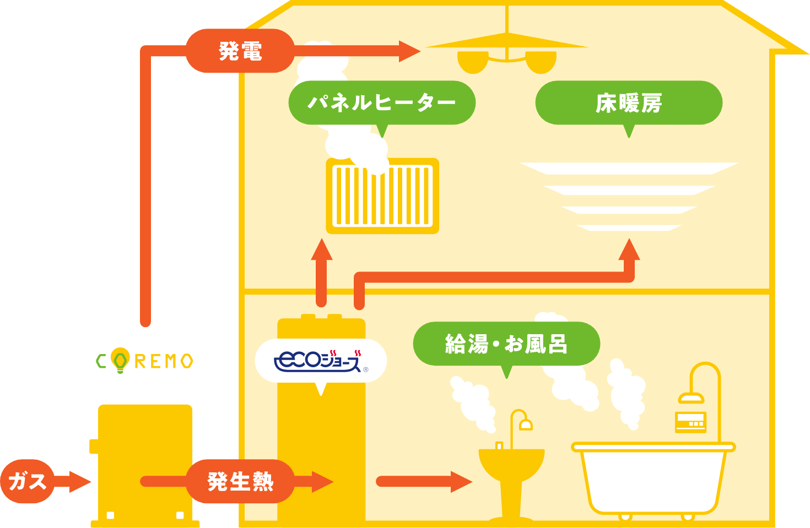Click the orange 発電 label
(x=240, y=51)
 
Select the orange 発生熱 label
(x=240, y=482)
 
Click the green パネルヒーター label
(x=381, y=103)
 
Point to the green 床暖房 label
(x=629, y=103)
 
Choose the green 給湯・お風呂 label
(x=506, y=344)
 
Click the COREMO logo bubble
(x=144, y=361)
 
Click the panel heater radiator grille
(x=382, y=196)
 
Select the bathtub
(x=653, y=479)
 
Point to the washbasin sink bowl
(x=511, y=462)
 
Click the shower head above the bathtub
(x=690, y=398)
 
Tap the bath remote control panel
(x=690, y=422)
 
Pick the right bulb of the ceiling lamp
(x=541, y=62)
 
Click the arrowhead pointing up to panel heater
(x=321, y=251)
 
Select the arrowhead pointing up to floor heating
(x=629, y=251)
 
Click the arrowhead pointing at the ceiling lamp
(x=409, y=51)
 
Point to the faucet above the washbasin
(x=520, y=421)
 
